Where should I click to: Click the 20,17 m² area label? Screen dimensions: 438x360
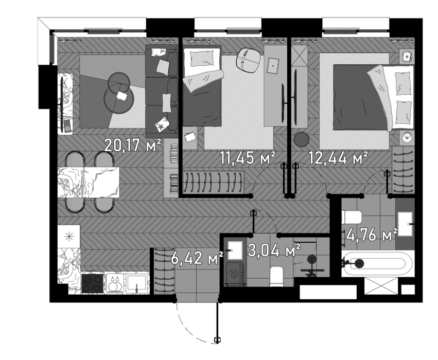pyautogui.click(x=132, y=145)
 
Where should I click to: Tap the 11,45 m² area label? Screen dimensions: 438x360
pyautogui.click(x=248, y=158)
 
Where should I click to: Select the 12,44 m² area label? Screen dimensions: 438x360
pyautogui.click(x=338, y=158)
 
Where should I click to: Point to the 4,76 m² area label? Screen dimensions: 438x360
pyautogui.click(x=372, y=235)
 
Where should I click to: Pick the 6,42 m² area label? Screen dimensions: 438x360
pyautogui.click(x=197, y=258)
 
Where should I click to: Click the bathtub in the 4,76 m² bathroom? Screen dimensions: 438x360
pyautogui.click(x=378, y=263)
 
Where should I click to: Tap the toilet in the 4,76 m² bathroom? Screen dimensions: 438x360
pyautogui.click(x=352, y=217)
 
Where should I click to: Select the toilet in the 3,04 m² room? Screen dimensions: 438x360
pyautogui.click(x=277, y=276)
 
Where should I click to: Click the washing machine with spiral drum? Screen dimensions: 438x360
pyautogui.click(x=236, y=274)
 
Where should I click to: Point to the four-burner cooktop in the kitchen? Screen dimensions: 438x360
pyautogui.click(x=93, y=283)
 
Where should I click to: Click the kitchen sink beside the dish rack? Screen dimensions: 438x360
pyautogui.click(x=136, y=283)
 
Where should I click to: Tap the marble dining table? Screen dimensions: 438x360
pyautogui.click(x=89, y=182)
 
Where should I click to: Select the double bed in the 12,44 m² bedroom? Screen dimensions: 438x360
pyautogui.click(x=373, y=98)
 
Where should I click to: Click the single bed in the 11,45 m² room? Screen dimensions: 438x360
pyautogui.click(x=202, y=86)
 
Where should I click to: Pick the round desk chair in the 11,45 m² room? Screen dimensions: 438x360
pyautogui.click(x=249, y=60)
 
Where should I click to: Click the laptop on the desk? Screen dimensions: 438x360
pyautogui.click(x=272, y=66)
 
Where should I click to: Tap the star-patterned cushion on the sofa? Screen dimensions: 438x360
pyautogui.click(x=163, y=124)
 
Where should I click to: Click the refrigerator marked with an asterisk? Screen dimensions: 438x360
pyautogui.click(x=69, y=237)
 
